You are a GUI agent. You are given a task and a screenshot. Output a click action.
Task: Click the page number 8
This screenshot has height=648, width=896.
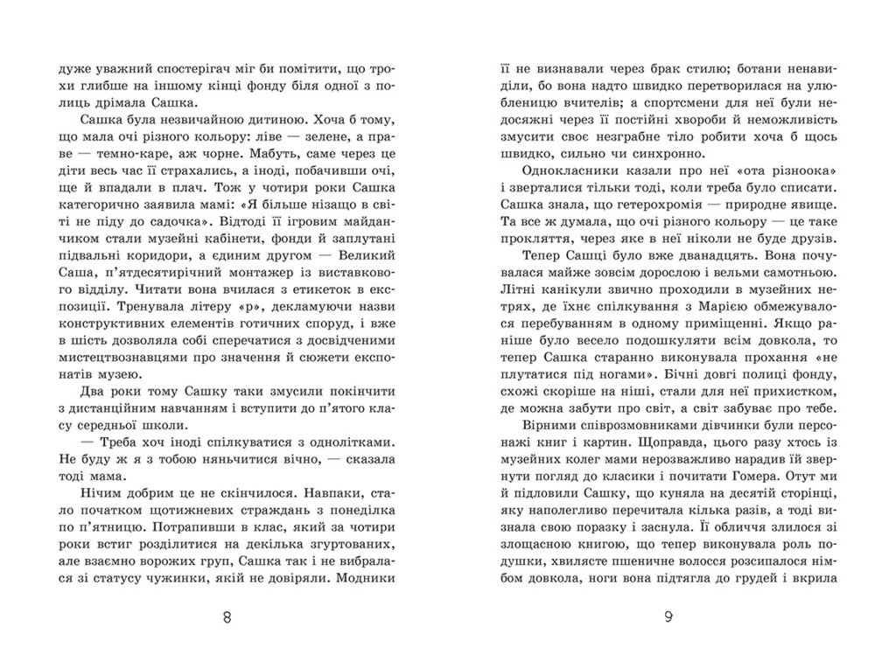pos(227,618)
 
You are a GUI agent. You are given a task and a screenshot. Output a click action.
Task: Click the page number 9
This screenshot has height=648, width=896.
pos(668,618)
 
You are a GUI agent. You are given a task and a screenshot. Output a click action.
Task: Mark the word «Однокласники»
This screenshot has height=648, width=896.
pos(570,166)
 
